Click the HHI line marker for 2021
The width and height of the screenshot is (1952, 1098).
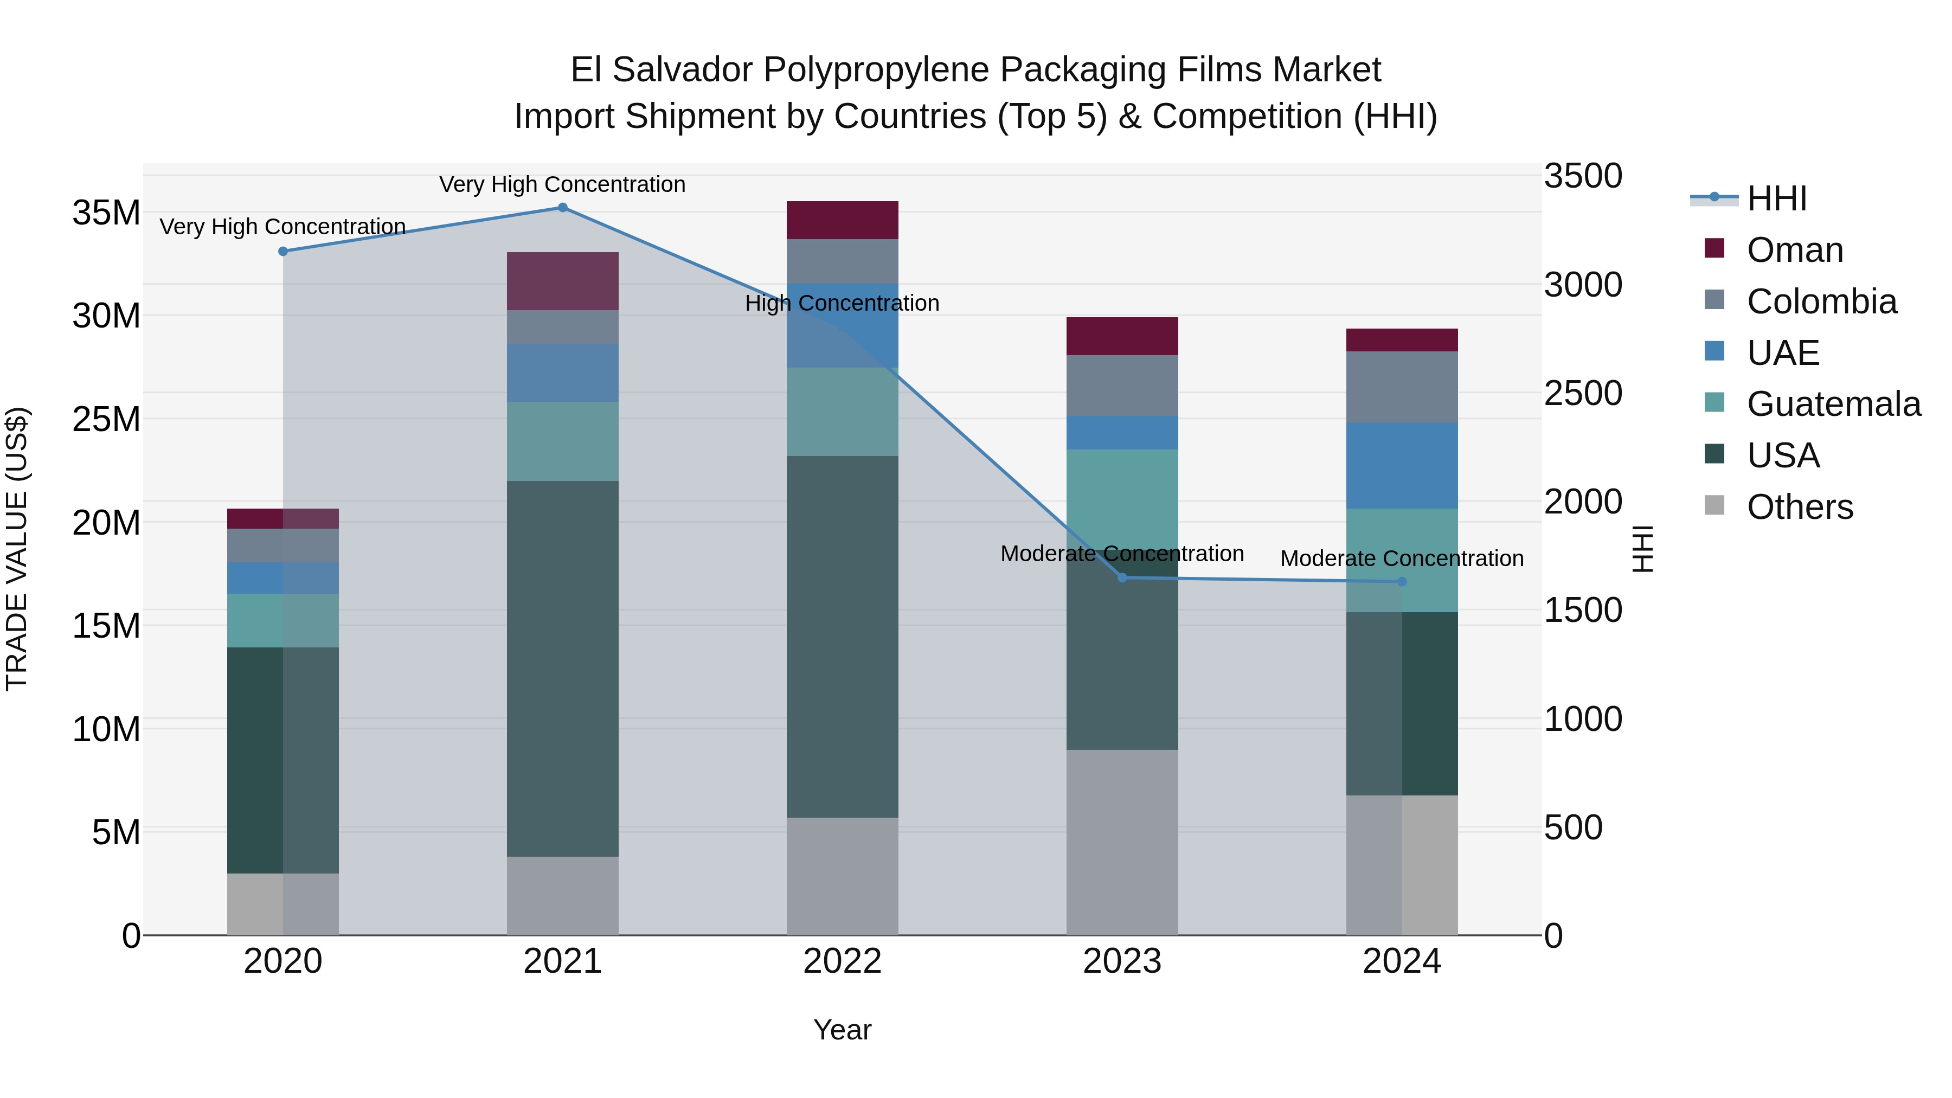pyautogui.click(x=562, y=208)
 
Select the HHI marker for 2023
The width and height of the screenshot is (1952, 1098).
pyautogui.click(x=1122, y=578)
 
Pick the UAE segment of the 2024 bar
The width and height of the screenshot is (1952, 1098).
pyautogui.click(x=1402, y=465)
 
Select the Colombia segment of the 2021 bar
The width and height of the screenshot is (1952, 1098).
pyautogui.click(x=562, y=328)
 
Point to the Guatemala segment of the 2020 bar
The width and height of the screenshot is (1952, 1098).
pyautogui.click(x=282, y=621)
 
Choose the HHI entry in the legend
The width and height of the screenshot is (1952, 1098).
pyautogui.click(x=1776, y=198)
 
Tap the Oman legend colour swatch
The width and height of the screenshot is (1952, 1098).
pyautogui.click(x=1714, y=248)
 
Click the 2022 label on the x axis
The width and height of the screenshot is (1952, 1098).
pyautogui.click(x=842, y=961)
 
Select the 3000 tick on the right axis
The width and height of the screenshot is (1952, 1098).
pyautogui.click(x=1583, y=285)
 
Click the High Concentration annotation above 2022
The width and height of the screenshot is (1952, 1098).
pyautogui.click(x=842, y=303)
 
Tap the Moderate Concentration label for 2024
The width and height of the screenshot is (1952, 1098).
pyautogui.click(x=1402, y=558)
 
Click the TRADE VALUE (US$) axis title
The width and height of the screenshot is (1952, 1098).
pyautogui.click(x=17, y=549)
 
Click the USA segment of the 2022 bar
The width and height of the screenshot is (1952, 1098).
pyautogui.click(x=842, y=637)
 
